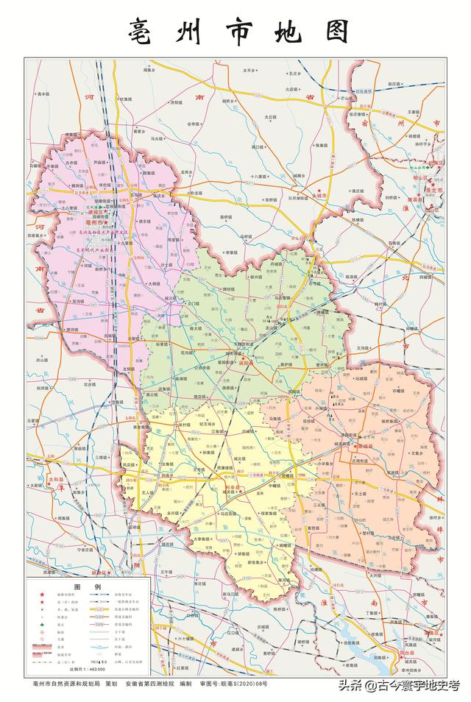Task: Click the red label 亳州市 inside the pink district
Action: (x=96, y=222)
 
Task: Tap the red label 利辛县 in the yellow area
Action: (x=233, y=488)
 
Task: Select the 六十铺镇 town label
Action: (x=186, y=639)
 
